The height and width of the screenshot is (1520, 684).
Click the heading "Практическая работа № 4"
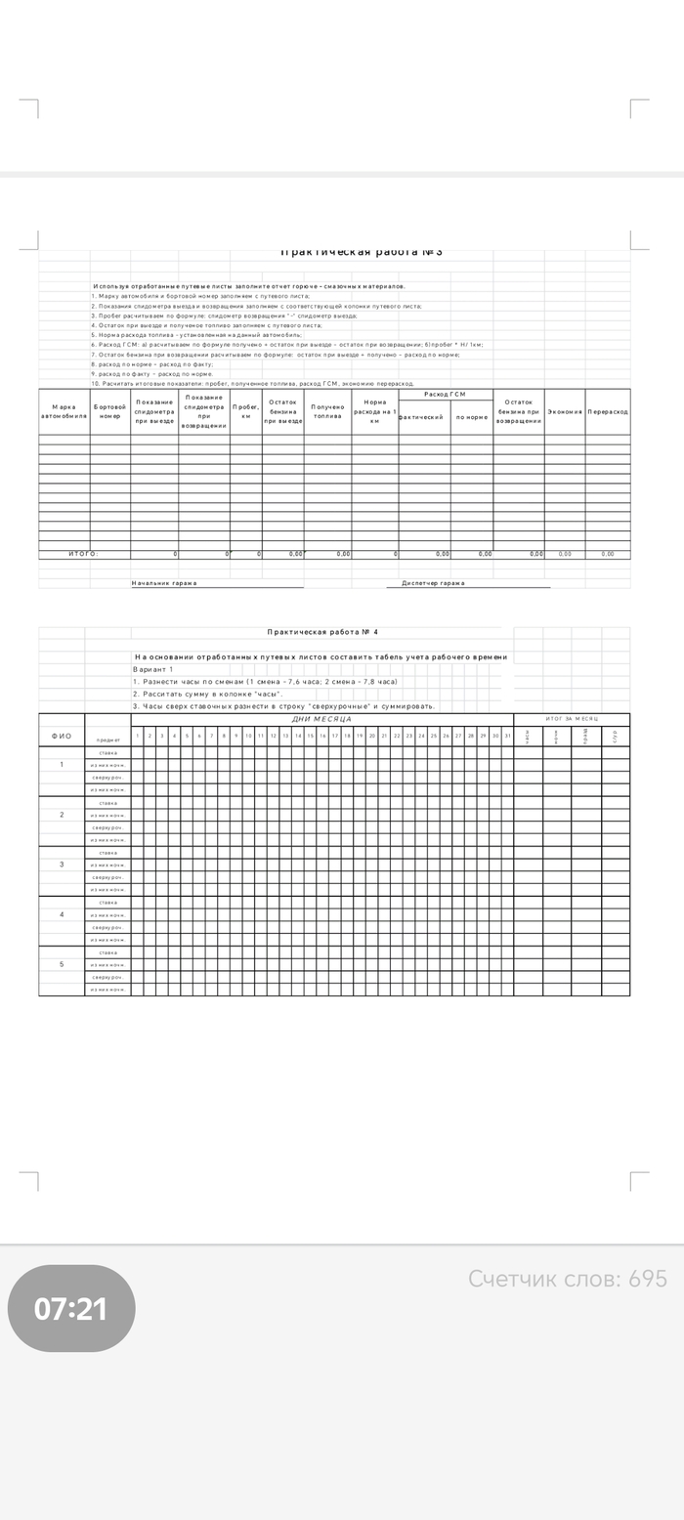322,632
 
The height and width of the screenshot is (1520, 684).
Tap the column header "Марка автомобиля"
64,411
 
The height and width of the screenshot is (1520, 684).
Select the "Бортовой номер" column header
109,411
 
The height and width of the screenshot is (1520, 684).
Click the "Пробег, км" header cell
246,411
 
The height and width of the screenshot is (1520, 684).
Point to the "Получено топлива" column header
327,411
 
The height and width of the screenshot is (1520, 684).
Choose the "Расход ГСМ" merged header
446,394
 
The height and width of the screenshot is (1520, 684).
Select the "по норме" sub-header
471,417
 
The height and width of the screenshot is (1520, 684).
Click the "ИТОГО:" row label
84,554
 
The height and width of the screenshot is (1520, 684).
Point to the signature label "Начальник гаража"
164,583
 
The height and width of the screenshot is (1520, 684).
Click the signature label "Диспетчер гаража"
433,583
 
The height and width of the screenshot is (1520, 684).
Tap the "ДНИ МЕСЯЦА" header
321,719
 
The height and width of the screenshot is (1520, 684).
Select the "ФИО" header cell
62,737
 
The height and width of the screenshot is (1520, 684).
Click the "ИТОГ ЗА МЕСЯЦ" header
572,719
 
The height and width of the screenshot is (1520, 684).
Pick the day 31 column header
507,736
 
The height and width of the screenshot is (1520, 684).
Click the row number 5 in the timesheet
62,964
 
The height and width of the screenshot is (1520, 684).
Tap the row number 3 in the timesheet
62,865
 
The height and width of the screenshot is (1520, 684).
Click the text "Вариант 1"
152,669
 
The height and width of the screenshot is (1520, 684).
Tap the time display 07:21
71,1309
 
